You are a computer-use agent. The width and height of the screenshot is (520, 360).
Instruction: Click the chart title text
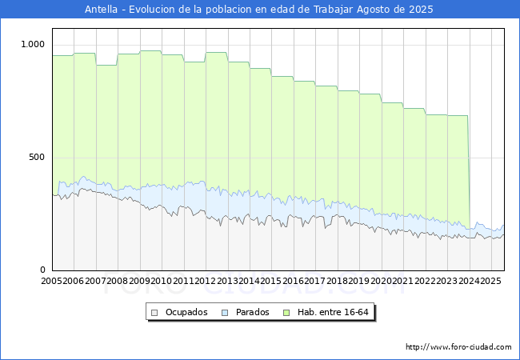[259, 10]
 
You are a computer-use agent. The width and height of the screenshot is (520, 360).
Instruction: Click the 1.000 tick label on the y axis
[34, 45]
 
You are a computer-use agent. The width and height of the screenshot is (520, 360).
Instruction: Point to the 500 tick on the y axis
[38, 158]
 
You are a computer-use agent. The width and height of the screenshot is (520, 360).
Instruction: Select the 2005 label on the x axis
[52, 282]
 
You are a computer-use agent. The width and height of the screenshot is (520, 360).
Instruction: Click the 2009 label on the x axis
[139, 282]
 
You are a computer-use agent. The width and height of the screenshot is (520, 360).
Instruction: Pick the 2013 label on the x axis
[227, 282]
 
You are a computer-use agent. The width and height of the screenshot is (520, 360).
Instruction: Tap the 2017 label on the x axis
[315, 282]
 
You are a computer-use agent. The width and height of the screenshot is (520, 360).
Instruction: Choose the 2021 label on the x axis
[402, 282]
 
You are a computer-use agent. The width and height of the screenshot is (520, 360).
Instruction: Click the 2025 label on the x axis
[490, 282]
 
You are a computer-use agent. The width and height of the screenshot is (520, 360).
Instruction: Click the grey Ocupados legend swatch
[155, 312]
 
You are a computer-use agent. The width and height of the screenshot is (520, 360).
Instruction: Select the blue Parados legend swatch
[226, 312]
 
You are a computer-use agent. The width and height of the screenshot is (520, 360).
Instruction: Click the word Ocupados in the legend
[186, 312]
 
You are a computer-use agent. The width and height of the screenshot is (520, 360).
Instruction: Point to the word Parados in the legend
[253, 312]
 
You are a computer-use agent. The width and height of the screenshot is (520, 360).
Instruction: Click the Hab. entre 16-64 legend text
[332, 312]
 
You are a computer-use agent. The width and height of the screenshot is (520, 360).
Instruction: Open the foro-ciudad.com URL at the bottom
[458, 347]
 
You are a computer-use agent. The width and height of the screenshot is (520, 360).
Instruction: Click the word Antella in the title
[102, 10]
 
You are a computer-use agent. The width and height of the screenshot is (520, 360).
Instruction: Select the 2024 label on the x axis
[468, 282]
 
